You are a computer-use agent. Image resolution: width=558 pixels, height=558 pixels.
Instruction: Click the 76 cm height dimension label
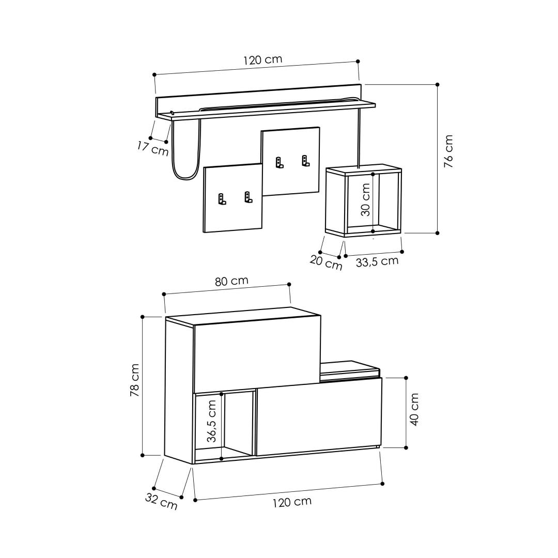point(448,151)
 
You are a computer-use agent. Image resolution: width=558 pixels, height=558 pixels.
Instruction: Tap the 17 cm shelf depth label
point(152,148)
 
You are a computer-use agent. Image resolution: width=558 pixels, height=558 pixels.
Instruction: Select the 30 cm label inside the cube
point(365,199)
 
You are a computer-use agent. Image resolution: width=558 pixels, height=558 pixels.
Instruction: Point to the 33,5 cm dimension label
point(377,262)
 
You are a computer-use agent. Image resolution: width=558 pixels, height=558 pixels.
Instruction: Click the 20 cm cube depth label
point(326,262)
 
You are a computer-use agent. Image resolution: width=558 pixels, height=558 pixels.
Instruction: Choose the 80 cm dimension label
point(231,281)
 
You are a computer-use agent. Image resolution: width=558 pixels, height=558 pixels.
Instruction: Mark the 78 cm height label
point(134,380)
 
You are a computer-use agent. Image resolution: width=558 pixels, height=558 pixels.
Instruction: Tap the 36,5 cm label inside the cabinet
point(211,421)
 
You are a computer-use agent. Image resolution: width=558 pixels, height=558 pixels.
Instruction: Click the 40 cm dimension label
point(414,409)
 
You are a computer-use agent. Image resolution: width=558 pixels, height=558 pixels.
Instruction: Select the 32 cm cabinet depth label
point(161,501)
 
